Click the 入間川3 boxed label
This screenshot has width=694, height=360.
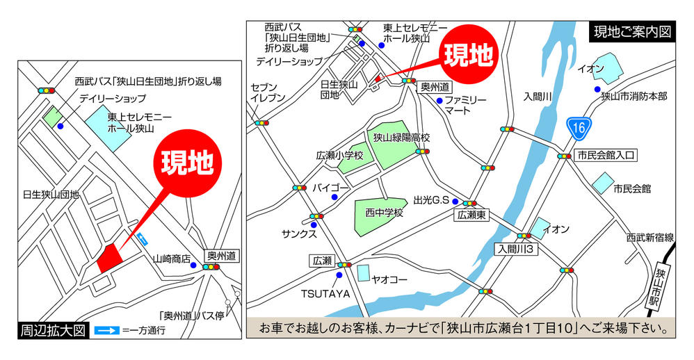(x=515, y=248)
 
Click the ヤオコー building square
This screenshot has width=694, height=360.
(x=364, y=272)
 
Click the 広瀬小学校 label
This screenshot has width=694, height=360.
(x=339, y=156)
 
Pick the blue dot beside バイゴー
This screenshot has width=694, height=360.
(x=334, y=197)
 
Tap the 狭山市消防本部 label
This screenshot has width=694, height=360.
(x=634, y=97)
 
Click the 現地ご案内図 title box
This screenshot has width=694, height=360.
(x=632, y=32)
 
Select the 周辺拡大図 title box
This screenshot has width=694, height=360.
(x=53, y=330)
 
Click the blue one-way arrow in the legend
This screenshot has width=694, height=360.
(x=106, y=330)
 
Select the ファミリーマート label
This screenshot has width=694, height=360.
(x=465, y=106)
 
